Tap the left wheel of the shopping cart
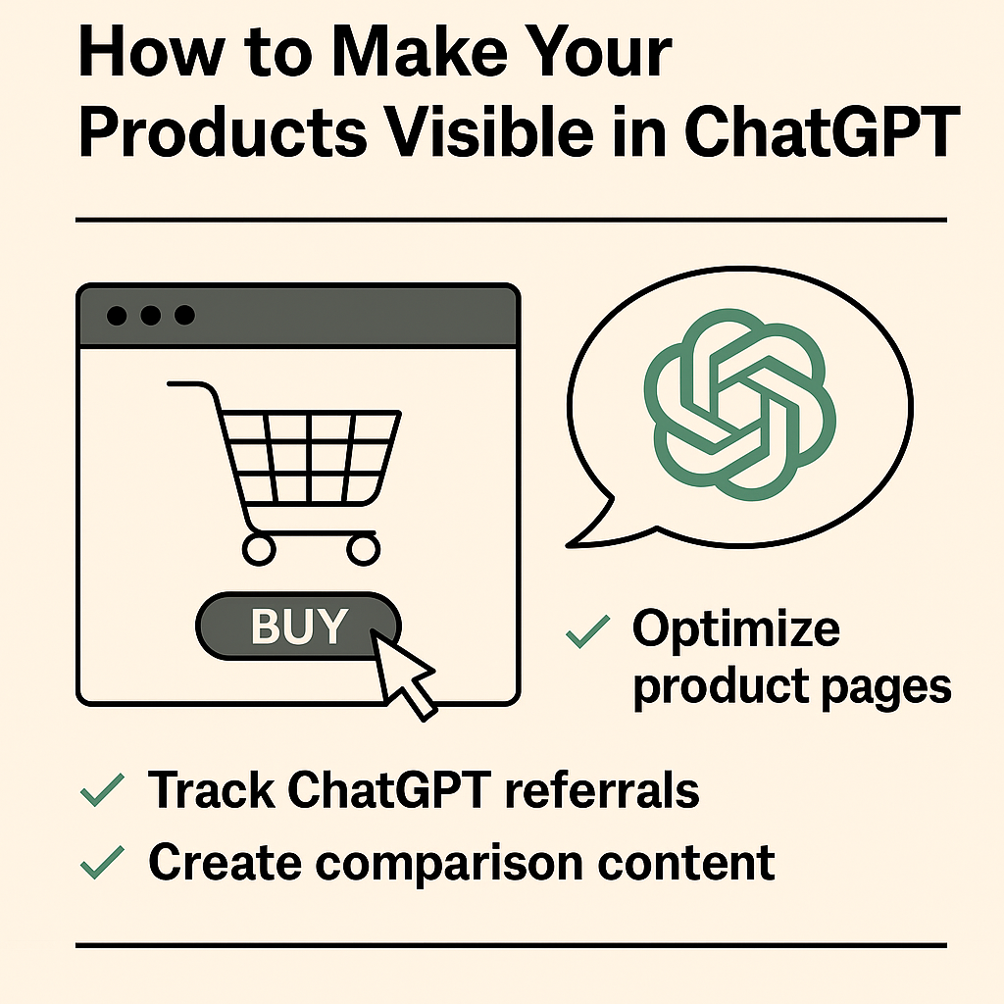(259, 548)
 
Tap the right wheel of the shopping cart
(364, 548)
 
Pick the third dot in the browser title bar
(183, 316)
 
